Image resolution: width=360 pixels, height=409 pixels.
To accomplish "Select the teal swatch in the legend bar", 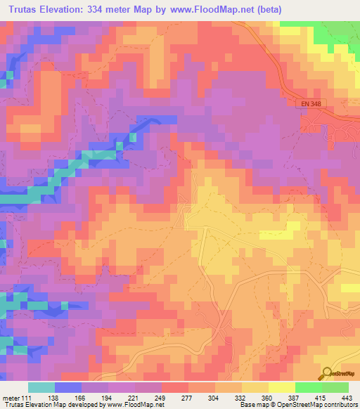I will (41, 387).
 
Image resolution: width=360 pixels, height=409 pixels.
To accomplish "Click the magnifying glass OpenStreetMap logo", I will (328, 374).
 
